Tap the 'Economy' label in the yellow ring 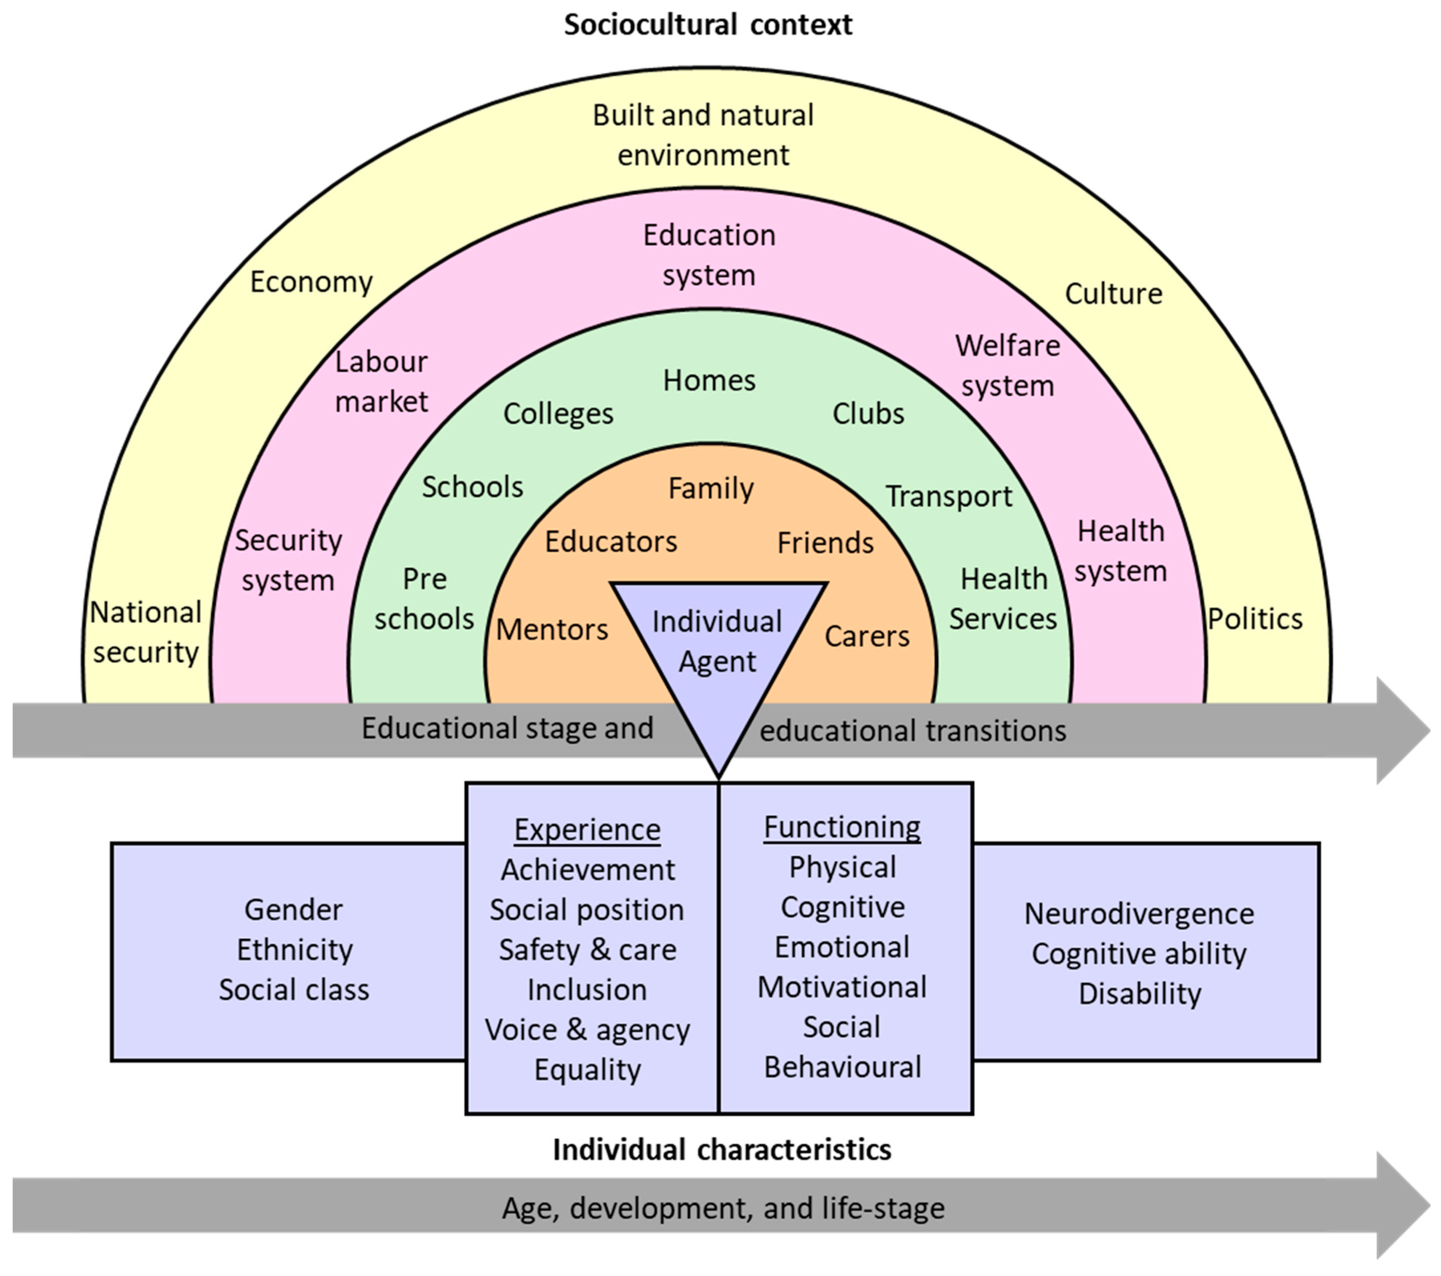311,282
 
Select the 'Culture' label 1113,293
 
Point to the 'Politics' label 1255,619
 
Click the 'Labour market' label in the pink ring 381,381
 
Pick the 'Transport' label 948,496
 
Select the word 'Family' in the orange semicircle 711,488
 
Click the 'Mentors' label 552,630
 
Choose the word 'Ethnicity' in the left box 295,950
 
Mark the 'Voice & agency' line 587,1030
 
